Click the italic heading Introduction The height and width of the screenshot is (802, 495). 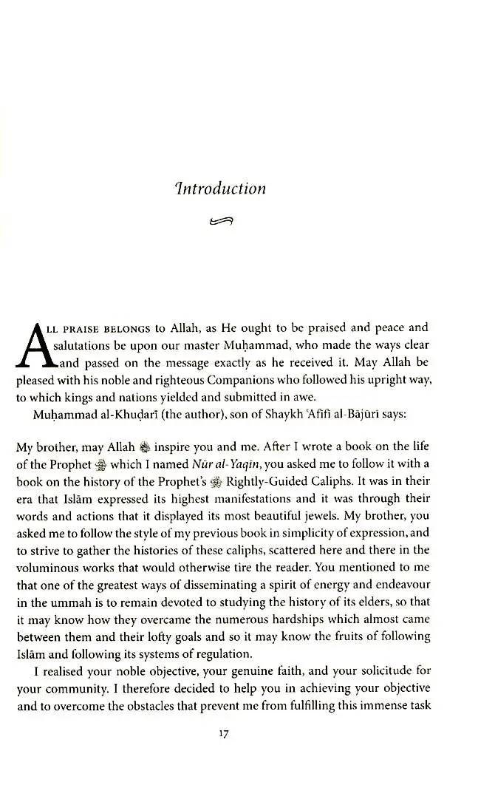pyautogui.click(x=216, y=188)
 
